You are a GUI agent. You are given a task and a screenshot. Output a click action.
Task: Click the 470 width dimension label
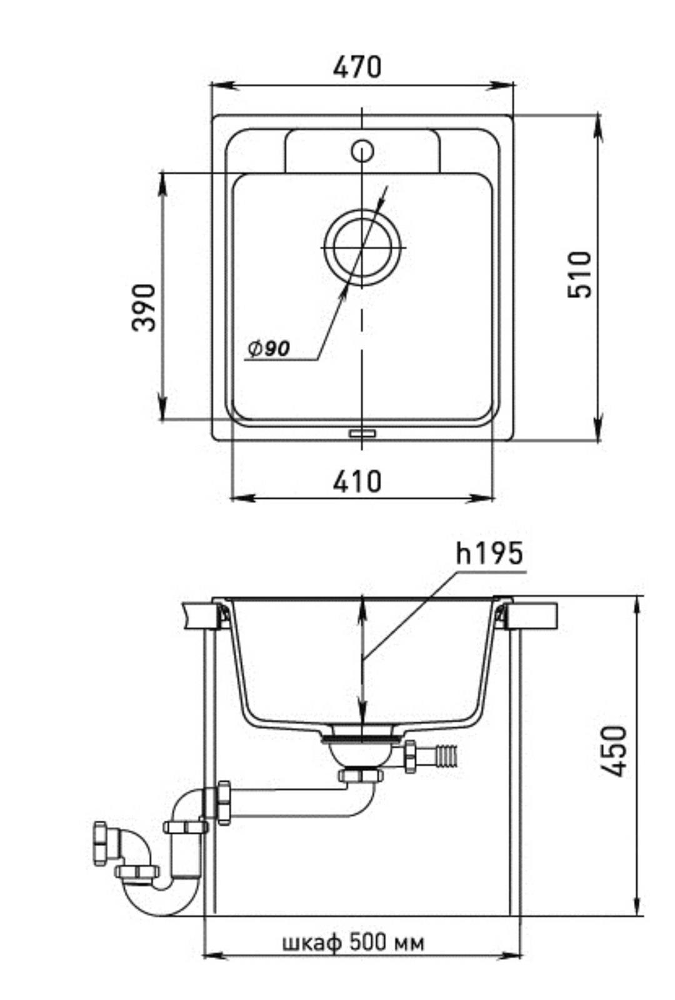(357, 67)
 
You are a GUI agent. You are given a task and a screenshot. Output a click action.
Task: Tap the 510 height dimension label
(579, 274)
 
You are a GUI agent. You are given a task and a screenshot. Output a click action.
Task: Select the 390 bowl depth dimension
(144, 307)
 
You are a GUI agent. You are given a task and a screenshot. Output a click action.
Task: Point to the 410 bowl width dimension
(357, 481)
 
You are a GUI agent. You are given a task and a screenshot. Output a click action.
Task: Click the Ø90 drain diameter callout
(269, 349)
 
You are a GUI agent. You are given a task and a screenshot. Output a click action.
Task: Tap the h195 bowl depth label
(489, 554)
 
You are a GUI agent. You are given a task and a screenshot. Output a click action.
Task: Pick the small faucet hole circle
(362, 151)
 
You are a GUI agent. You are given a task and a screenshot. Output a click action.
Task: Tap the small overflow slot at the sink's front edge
(363, 433)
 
